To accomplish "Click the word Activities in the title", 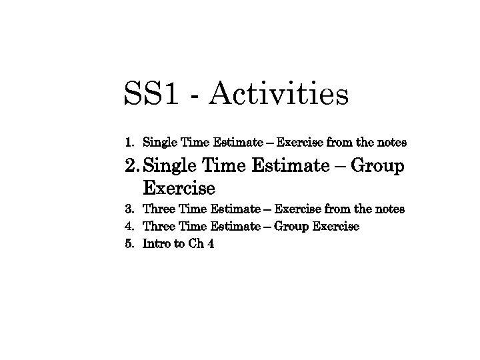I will tap(278, 95).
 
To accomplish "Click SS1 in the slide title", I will tap(151, 95).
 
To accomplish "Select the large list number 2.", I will tap(131, 166).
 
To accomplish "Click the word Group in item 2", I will tap(377, 166).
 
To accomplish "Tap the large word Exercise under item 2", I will tap(179, 187).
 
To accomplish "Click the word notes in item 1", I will tap(392, 143).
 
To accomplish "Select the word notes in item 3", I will tap(390, 209).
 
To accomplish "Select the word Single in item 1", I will tap(160, 143).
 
